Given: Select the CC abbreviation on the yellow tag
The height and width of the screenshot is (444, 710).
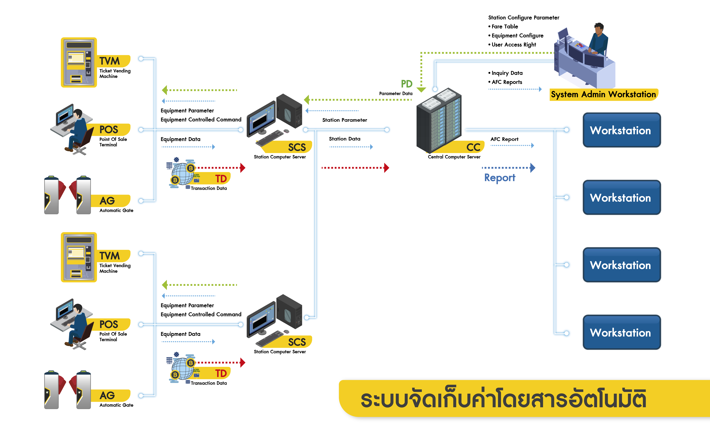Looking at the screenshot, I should tap(473, 147).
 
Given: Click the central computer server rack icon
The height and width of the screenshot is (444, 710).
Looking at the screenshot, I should tap(439, 120).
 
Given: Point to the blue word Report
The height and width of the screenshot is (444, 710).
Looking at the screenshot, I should tap(500, 178).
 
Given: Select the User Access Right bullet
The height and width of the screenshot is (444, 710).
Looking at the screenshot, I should tap(514, 45).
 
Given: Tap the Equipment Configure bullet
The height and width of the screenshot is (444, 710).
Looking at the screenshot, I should tap(517, 36).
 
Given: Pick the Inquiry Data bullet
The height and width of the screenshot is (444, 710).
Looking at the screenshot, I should tap(507, 73).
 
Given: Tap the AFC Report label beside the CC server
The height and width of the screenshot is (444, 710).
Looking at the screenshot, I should tap(504, 139).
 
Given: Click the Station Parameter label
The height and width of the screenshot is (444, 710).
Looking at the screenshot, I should tap(345, 120).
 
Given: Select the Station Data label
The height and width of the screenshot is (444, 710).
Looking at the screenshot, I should tap(345, 139).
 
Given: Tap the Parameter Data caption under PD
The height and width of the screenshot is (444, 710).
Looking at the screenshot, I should tap(396, 93).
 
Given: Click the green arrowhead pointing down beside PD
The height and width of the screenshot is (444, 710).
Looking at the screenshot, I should tap(421, 90).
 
